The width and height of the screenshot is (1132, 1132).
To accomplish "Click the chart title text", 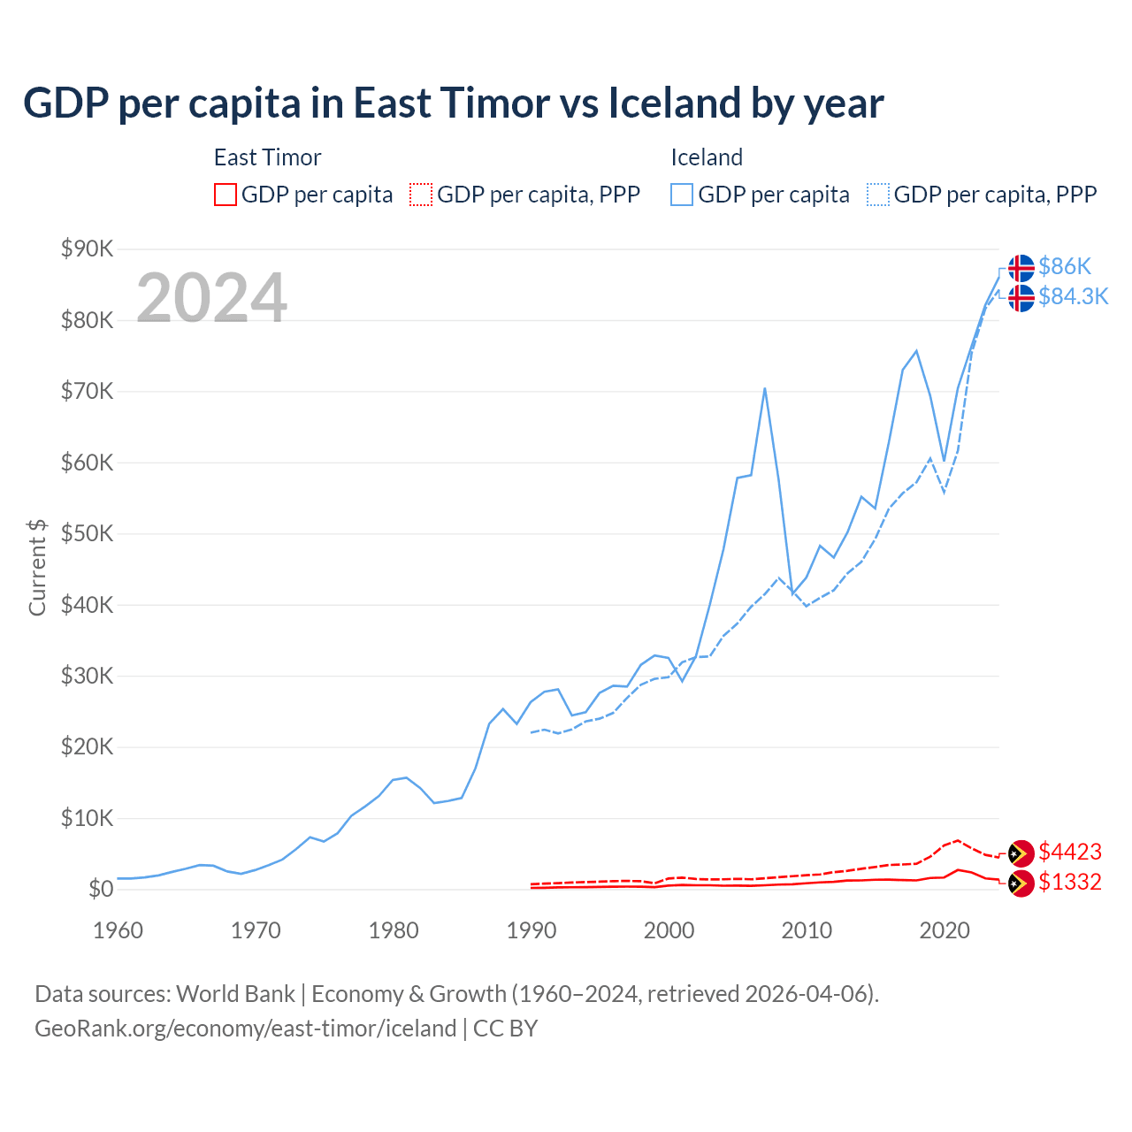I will click(x=453, y=103).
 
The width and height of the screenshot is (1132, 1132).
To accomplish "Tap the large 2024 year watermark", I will click(x=211, y=298).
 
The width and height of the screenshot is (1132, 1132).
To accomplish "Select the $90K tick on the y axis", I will click(x=87, y=249).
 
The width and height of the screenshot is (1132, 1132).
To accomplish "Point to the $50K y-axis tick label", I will click(x=87, y=533).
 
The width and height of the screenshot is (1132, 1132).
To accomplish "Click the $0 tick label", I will click(x=100, y=889).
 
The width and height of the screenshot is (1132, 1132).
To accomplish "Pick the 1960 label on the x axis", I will click(x=118, y=930).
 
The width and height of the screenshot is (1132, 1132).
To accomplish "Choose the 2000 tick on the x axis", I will click(x=669, y=930).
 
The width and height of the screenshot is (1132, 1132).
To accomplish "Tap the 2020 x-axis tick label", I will click(x=945, y=930).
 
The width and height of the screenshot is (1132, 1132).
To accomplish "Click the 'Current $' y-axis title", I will click(x=37, y=567).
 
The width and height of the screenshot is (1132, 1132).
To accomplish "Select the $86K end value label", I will click(x=1065, y=266).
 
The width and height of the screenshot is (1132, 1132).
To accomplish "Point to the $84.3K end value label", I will click(x=1073, y=296).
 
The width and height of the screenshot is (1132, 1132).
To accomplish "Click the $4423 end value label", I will click(x=1070, y=852).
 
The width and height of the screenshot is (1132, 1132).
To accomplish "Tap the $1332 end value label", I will click(x=1070, y=882).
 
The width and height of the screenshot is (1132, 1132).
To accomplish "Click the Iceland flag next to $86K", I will click(x=1021, y=268).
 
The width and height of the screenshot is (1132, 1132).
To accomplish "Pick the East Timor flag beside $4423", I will click(x=1021, y=853).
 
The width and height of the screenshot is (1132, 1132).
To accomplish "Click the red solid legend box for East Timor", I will click(x=226, y=195).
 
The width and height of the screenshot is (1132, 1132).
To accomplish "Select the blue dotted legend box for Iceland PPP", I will click(x=878, y=195).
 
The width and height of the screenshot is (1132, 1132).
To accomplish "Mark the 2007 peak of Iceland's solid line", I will click(x=764, y=388).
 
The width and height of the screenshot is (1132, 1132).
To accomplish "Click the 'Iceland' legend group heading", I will click(x=707, y=157).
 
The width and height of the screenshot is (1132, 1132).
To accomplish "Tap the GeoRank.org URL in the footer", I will click(x=245, y=1029).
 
